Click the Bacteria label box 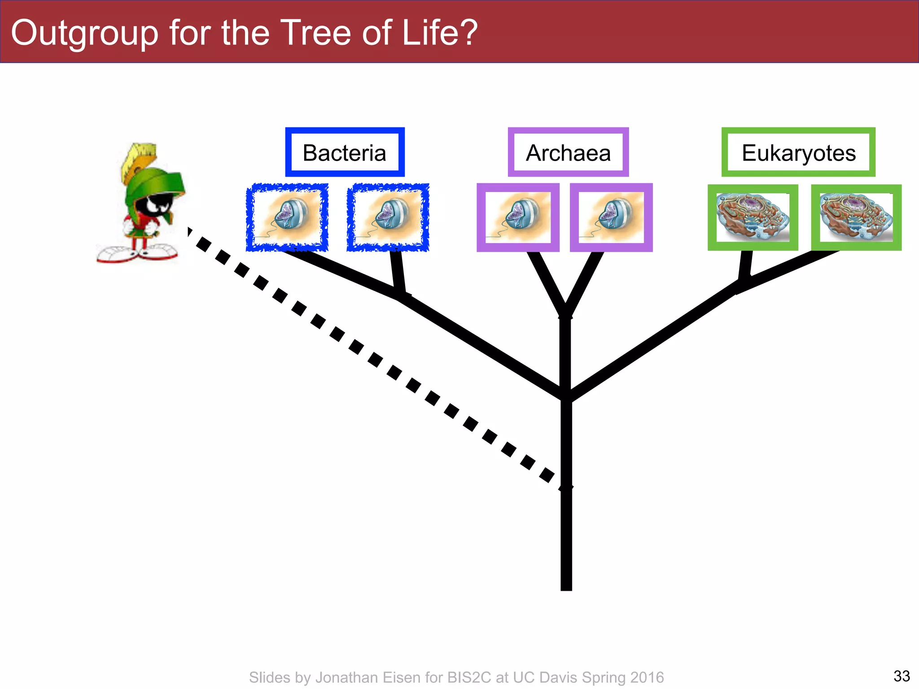click(345, 153)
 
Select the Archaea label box click(568, 153)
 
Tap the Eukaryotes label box click(798, 153)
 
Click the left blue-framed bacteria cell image click(287, 217)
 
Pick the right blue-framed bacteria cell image click(388, 217)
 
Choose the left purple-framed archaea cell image click(518, 217)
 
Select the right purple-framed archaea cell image click(611, 217)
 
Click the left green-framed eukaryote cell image click(753, 217)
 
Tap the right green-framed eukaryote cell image click(856, 217)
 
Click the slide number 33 click(901, 676)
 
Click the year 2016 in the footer click(647, 677)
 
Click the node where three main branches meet click(566, 395)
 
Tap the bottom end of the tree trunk click(566, 588)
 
